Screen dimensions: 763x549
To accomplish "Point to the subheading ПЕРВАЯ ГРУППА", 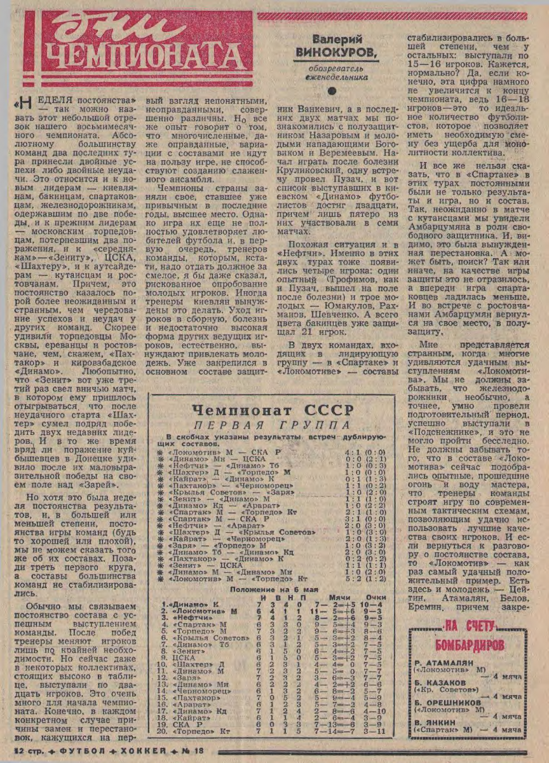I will [272, 425].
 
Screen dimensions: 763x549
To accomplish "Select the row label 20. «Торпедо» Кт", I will [190, 731].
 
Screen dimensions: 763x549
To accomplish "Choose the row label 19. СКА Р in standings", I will [180, 724].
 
